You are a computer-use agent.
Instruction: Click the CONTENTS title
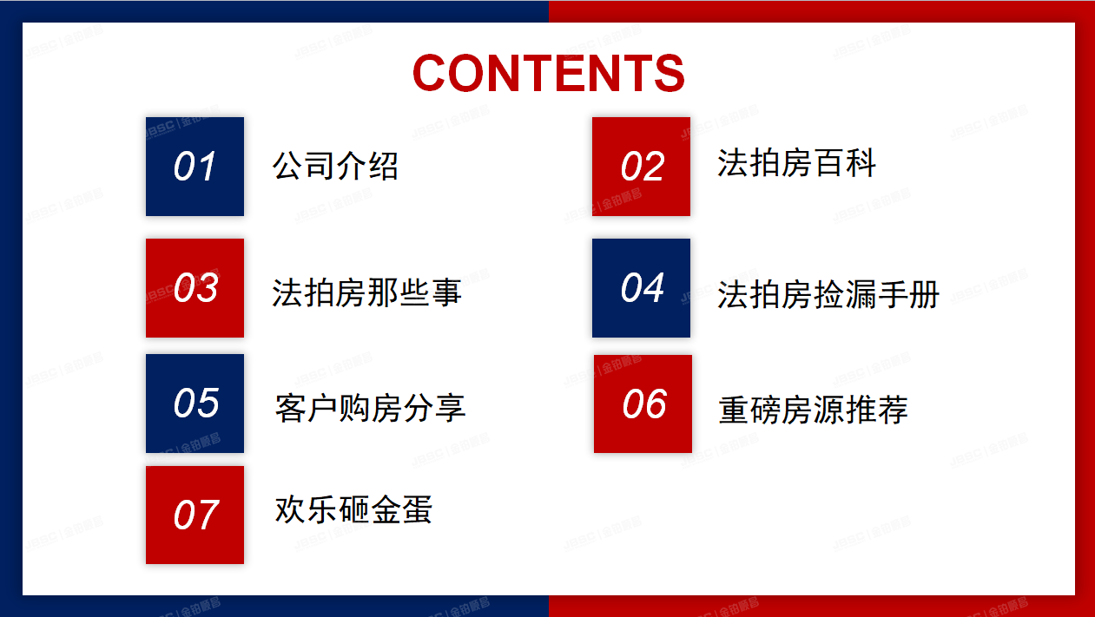548,73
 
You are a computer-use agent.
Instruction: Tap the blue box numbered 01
195,167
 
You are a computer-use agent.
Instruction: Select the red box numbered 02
641,167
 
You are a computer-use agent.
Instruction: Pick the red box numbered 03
195,288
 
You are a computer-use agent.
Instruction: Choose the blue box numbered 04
641,288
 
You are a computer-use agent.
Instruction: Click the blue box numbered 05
195,404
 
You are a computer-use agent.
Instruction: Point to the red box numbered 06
643,404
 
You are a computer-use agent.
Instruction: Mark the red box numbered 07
195,515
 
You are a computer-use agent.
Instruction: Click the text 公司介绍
335,166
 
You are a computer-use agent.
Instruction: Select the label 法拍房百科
796,163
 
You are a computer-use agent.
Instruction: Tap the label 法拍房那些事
366,293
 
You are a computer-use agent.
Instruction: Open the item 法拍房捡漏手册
828,295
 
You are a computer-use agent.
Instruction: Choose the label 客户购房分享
370,408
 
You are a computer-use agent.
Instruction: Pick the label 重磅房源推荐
813,410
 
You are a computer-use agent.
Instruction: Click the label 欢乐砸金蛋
353,510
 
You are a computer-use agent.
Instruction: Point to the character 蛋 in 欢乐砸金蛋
417,510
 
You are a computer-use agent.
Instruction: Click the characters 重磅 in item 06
750,410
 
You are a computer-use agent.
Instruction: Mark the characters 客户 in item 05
307,408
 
